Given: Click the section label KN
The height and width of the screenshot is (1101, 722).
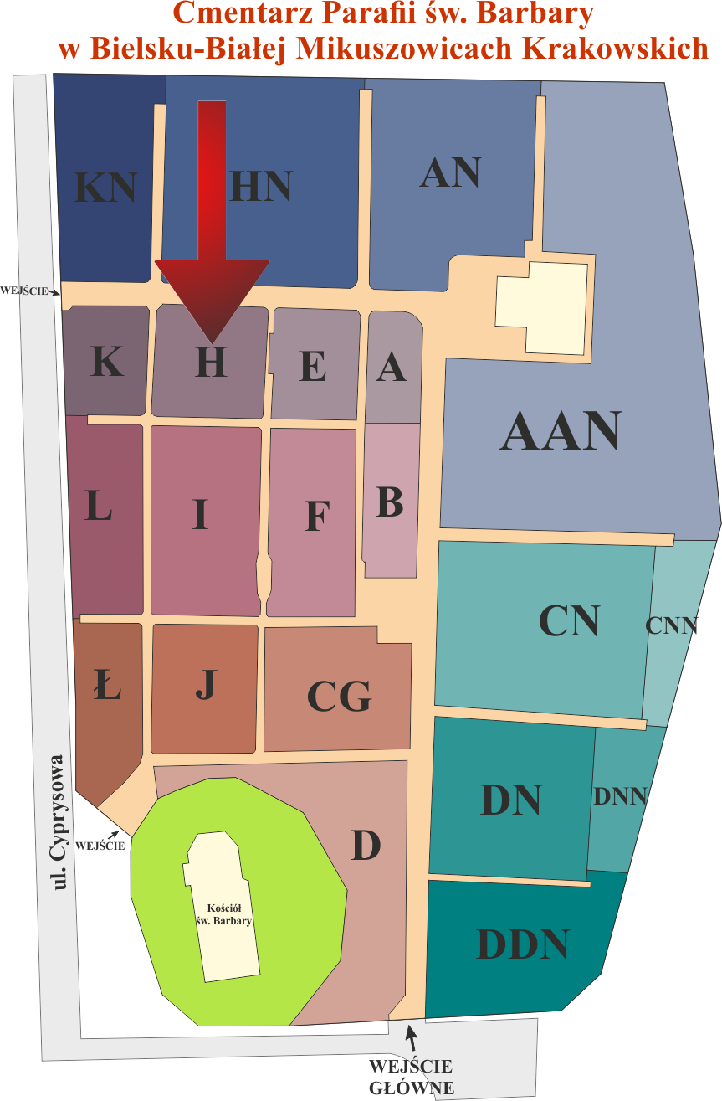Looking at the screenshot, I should pyautogui.click(x=105, y=187).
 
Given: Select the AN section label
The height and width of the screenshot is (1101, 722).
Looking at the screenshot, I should pyautogui.click(x=450, y=172).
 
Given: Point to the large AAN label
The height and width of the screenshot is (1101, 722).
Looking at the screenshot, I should pyautogui.click(x=561, y=431).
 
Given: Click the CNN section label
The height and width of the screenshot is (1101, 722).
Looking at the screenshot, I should pyautogui.click(x=672, y=625).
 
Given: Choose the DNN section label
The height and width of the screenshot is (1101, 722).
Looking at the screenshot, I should pyautogui.click(x=620, y=796).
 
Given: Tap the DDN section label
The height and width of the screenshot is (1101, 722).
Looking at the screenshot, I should pyautogui.click(x=523, y=944).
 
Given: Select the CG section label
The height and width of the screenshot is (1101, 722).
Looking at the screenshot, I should pyautogui.click(x=339, y=696).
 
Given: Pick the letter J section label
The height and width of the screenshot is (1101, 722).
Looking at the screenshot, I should pyautogui.click(x=205, y=684).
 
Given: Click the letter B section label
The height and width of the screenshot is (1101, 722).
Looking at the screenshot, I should pyautogui.click(x=390, y=502).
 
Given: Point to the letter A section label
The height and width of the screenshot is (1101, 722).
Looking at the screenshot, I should pyautogui.click(x=391, y=366).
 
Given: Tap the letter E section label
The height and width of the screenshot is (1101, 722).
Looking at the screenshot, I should pyautogui.click(x=313, y=366).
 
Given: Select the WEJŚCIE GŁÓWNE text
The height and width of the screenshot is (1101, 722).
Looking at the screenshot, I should pyautogui.click(x=411, y=1078).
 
